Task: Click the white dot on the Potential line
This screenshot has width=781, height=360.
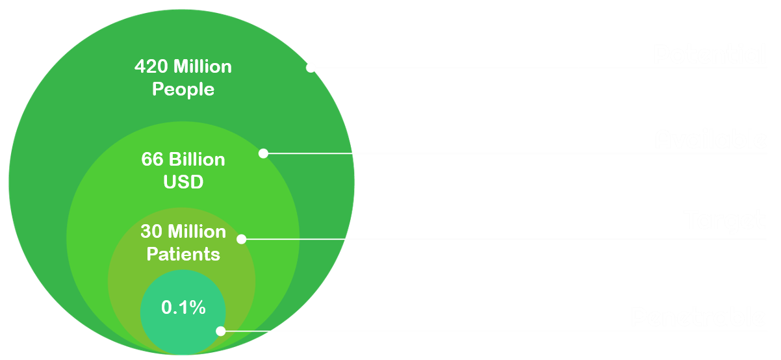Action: click(311, 67)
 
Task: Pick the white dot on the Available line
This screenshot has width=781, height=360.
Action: click(263, 153)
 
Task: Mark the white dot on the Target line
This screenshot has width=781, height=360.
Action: click(241, 239)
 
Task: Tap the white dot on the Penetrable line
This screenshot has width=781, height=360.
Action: click(221, 331)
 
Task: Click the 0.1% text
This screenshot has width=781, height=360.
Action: click(183, 307)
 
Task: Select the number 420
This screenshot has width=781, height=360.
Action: click(148, 66)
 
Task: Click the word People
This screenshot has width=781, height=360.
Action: click(183, 89)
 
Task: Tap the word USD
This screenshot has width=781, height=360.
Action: click(183, 182)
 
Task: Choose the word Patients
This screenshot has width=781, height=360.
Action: click(183, 254)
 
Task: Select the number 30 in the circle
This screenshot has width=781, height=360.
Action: click(151, 231)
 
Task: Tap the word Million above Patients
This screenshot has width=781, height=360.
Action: click(197, 231)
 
